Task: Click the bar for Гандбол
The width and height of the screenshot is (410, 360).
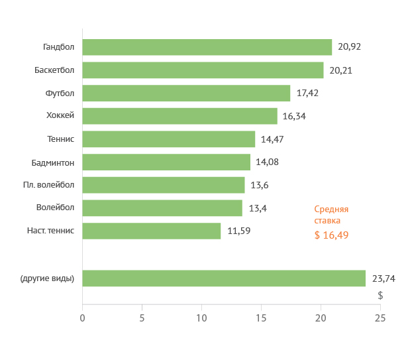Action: point(207,47)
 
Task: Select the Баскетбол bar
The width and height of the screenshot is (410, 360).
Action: point(203,70)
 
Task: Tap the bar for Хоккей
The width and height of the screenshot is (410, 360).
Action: point(179,116)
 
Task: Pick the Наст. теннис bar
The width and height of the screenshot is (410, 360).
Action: point(151,231)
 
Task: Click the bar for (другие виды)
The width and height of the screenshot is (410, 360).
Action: point(224,278)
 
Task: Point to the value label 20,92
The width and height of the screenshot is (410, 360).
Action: point(349,47)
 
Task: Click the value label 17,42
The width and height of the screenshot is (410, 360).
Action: point(307,93)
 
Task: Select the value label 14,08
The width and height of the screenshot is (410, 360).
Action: point(267,162)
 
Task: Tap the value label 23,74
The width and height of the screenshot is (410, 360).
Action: point(383,278)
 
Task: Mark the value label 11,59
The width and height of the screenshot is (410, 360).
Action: point(238,231)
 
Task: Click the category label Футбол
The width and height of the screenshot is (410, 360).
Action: point(60,93)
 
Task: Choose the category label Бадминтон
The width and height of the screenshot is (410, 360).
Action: point(53,162)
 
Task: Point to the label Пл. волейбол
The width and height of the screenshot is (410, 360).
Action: point(48,184)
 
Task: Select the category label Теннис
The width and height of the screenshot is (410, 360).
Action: point(61,139)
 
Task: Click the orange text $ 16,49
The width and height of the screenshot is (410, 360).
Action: point(331,235)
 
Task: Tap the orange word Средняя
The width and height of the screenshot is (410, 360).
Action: point(331,209)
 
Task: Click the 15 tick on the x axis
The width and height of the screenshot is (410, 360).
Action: point(261,318)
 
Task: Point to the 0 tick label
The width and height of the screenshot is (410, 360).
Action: point(82,318)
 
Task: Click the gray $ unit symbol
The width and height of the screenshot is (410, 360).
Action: point(380,295)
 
